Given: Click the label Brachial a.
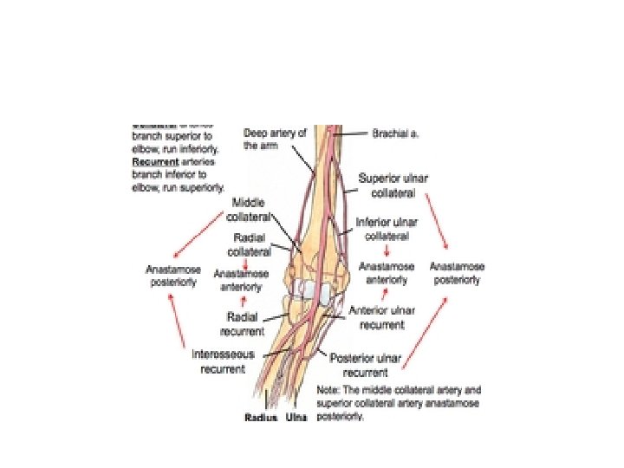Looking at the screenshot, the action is pyautogui.click(x=396, y=134).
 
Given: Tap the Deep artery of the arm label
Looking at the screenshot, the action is pyautogui.click(x=276, y=140).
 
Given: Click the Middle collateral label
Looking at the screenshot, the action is pyautogui.click(x=253, y=209).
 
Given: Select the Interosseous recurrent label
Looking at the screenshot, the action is pyautogui.click(x=218, y=362).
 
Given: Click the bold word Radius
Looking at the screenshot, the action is pyautogui.click(x=260, y=418).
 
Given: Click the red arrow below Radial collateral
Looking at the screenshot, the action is pyautogui.click(x=245, y=261).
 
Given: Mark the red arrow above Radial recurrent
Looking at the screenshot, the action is pyautogui.click(x=244, y=300).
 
